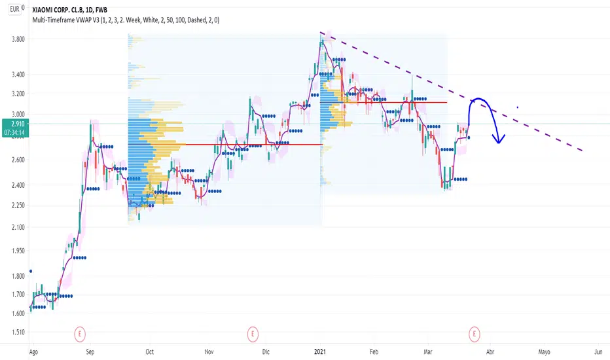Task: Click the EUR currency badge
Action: pos(15,9)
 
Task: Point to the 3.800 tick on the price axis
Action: pos(18,39)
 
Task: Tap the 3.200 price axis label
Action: pos(18,94)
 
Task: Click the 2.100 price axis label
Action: pos(18,227)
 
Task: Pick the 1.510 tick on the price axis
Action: pos(18,333)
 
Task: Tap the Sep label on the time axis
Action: pos(90,352)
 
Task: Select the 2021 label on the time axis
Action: pos(320,352)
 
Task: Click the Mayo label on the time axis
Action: pos(545,352)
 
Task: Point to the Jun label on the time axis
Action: pos(598,352)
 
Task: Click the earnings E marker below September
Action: pos(80,334)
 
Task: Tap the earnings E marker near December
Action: pos(253,334)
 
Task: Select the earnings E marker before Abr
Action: pos(475,334)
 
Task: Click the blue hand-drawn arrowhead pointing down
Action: pos(498,139)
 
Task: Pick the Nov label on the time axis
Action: pos(209,352)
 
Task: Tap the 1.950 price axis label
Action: pos(18,251)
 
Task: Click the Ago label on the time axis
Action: pos(33,352)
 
